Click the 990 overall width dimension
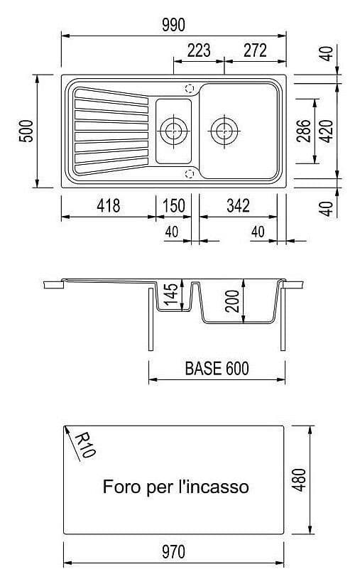tap(173, 24)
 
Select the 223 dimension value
tap(199, 50)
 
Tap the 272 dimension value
tap(254, 50)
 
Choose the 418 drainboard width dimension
tap(108, 206)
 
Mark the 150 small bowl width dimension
tap(173, 206)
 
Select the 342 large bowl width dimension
tap(238, 206)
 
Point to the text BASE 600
tap(216, 369)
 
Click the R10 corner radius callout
tap(83, 445)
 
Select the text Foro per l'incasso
tap(175, 487)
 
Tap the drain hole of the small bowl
tap(173, 131)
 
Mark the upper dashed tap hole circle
tap(190, 89)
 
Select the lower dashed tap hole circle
tap(190, 173)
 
